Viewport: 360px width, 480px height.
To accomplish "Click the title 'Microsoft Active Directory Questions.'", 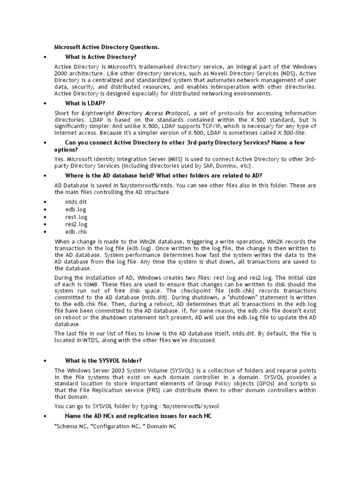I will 107,47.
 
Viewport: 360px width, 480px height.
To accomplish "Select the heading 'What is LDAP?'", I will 85,103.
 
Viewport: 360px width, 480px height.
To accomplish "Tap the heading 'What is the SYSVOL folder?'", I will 103,360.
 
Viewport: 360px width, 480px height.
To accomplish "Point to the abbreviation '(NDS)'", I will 285,74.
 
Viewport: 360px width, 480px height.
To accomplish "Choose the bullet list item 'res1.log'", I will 76,217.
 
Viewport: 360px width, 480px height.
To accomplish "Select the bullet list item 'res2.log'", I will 76,225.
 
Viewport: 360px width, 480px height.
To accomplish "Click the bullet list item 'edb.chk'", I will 76,232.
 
